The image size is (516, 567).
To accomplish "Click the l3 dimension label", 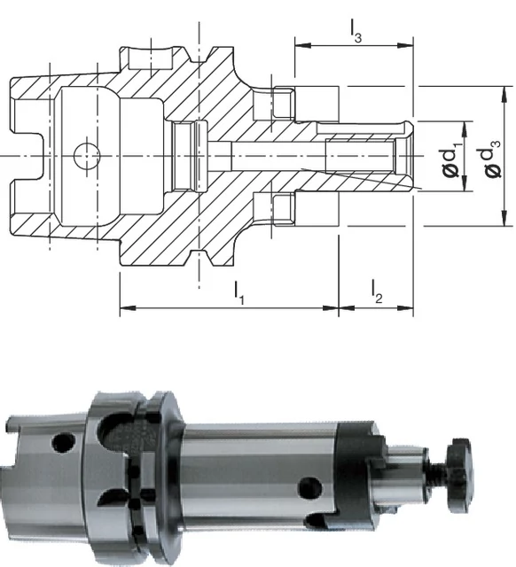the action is click(356, 31).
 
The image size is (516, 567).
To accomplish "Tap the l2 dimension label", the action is click(376, 291).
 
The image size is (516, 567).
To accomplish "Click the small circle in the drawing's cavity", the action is click(87, 156).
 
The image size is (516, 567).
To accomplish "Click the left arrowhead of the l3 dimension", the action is click(302, 45).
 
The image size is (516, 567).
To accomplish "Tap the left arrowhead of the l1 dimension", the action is click(128, 308).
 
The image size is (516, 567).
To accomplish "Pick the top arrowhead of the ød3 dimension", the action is click(504, 95).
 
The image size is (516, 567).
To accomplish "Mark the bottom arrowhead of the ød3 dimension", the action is click(504, 218).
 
